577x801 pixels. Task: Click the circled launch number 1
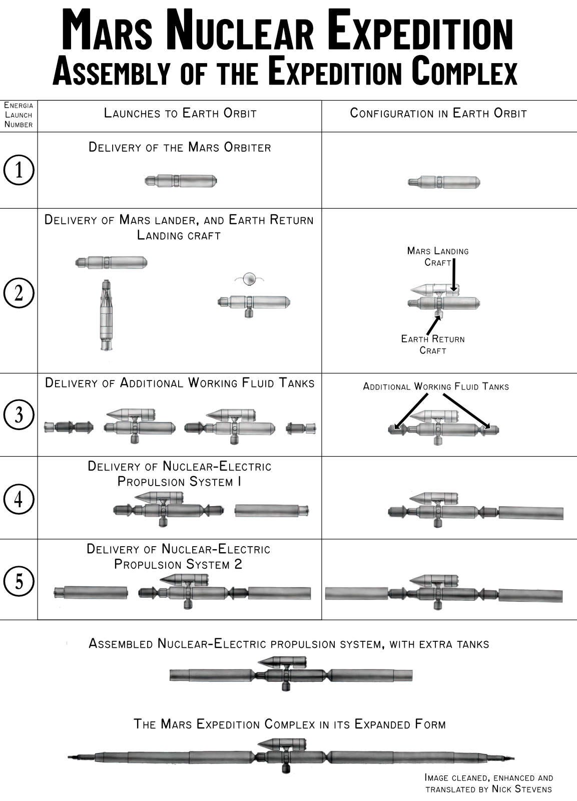[x=19, y=170]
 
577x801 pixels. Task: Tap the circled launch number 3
[x=19, y=415]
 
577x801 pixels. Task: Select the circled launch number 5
[x=19, y=581]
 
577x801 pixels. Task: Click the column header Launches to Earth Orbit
[x=180, y=113]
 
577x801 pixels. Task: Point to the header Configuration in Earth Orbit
[x=438, y=113]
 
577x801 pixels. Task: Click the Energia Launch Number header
[x=19, y=115]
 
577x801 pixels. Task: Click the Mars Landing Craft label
[x=437, y=256]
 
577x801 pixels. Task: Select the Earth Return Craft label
[x=432, y=344]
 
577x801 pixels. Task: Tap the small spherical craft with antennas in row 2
[x=249, y=278]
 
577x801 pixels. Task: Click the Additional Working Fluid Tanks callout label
[x=435, y=386]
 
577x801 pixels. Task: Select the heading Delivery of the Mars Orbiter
[x=180, y=147]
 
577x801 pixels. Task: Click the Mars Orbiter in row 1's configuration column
[x=443, y=182]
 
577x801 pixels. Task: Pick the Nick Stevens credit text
[x=488, y=783]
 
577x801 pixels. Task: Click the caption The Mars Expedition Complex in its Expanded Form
[x=289, y=724]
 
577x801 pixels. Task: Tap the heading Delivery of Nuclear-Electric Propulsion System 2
[x=179, y=557]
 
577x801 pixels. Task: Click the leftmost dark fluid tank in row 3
[x=69, y=428]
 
